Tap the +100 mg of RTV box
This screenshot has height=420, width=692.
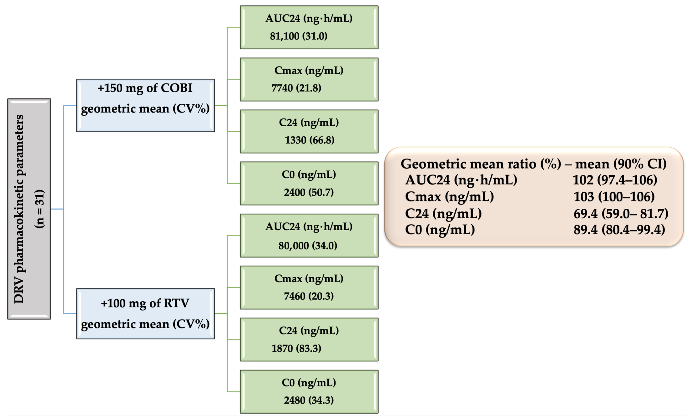(145, 313)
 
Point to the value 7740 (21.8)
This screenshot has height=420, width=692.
(296, 88)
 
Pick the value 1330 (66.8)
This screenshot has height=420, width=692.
(309, 140)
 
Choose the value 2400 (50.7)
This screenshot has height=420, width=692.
(309, 192)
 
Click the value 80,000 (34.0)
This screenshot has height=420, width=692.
(308, 246)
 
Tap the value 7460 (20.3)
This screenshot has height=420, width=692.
(309, 296)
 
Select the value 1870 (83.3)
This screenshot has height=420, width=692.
(296, 348)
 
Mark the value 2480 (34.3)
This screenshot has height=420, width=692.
(309, 400)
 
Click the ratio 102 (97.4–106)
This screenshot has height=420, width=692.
(615, 180)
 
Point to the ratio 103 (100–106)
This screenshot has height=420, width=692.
(614, 196)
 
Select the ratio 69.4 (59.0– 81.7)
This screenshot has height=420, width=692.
(621, 214)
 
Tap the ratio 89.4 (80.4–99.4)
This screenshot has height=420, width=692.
(619, 230)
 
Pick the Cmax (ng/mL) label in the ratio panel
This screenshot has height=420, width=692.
(449, 196)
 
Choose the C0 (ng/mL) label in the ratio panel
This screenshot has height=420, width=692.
(440, 230)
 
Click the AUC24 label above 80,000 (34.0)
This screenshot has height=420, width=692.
(309, 227)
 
